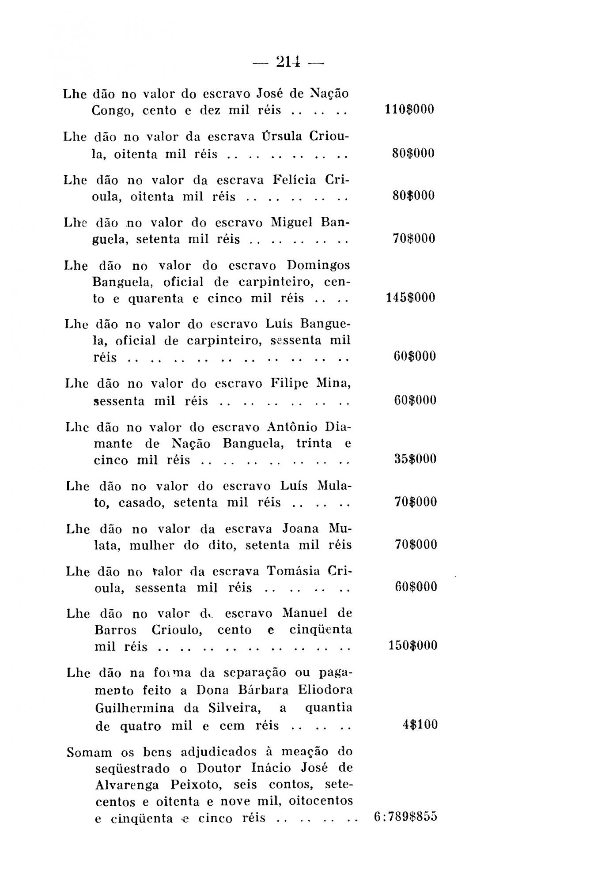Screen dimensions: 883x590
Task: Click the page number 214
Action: click(x=288, y=62)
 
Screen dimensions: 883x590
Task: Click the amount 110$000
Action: click(x=409, y=109)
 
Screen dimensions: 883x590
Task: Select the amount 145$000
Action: click(x=410, y=298)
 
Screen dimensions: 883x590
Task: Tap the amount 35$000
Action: click(x=415, y=459)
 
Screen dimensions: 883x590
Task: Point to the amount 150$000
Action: click(x=412, y=645)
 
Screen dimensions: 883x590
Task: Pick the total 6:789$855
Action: click(x=405, y=817)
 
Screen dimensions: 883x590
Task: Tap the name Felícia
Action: click(x=295, y=180)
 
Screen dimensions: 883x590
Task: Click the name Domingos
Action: click(x=318, y=265)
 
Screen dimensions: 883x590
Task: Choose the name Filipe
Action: click(x=289, y=383)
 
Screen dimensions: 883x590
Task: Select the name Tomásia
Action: click(x=294, y=571)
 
